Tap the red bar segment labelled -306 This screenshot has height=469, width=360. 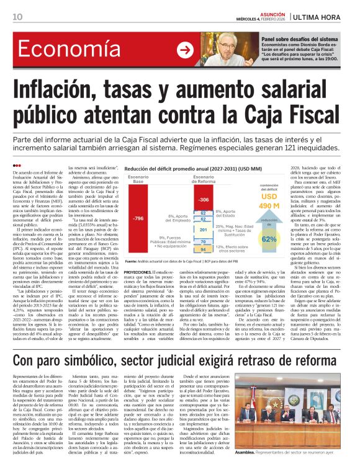[203, 200]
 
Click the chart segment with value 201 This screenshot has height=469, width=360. [203, 230]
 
